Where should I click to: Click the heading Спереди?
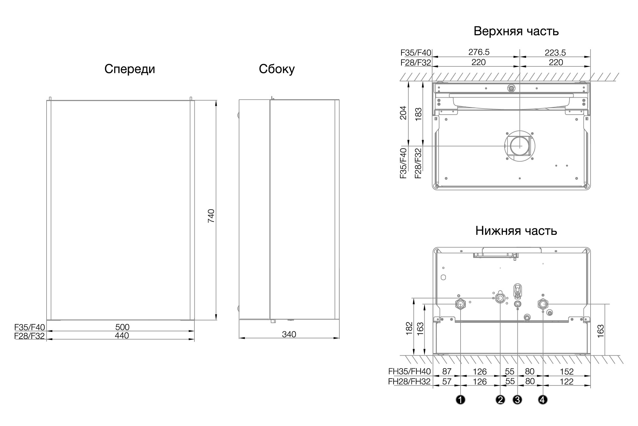[130, 69]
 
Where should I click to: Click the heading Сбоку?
[277, 69]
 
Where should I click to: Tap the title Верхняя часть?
[516, 31]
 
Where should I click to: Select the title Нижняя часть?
[516, 231]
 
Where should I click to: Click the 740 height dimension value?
[211, 216]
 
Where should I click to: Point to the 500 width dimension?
[122, 327]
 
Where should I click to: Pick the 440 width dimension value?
[122, 335]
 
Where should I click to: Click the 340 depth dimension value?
[289, 334]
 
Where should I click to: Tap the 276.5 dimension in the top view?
[479, 52]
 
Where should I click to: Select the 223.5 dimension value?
[555, 52]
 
